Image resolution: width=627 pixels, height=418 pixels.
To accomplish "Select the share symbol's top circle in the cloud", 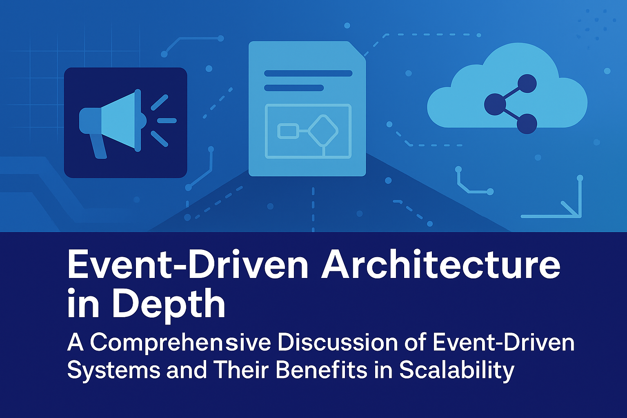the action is point(527,83).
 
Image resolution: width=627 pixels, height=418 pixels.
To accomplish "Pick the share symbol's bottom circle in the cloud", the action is point(527,124).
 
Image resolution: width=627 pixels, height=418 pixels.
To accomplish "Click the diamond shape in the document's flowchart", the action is point(323,131).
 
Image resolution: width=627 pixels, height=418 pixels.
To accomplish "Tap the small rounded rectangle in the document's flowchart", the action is point(288,131).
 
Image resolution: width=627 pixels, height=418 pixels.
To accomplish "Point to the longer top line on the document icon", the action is point(308,73).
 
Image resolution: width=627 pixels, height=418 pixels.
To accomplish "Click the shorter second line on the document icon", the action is point(294,88).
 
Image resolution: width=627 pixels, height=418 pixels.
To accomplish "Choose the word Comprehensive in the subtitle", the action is point(180,344).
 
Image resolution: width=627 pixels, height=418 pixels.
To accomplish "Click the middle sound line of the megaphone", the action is point(167,121).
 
